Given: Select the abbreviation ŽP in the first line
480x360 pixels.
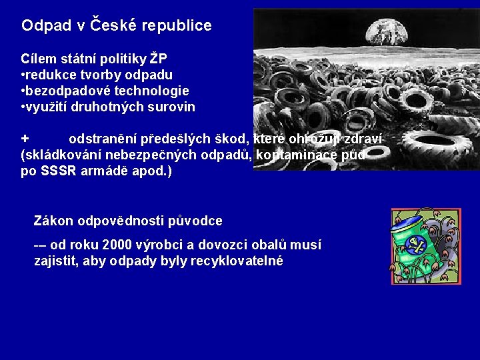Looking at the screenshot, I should pos(158,59).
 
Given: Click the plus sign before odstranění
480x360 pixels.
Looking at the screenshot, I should pos(25,139).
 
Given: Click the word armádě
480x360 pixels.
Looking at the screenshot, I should pos(101,171).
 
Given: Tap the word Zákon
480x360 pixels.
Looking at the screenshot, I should pos(54,221).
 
